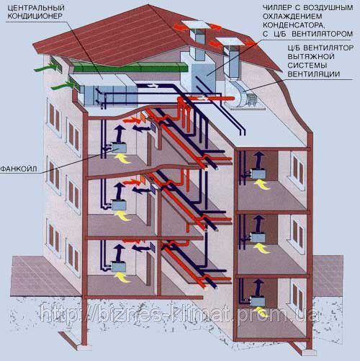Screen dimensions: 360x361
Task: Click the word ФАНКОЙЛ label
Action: tap(19, 169)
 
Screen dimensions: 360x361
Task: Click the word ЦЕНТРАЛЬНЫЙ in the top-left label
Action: tap(36, 7)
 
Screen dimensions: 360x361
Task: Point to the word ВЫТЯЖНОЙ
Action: tap(311, 57)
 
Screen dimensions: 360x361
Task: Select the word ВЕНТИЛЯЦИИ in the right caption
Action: tap(314, 73)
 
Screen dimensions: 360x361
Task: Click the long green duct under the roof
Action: tap(130, 67)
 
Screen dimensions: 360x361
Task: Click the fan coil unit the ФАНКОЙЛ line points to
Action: tap(118, 148)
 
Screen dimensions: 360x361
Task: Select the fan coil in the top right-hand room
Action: tap(258, 174)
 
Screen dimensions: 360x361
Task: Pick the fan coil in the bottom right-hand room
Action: tap(258, 301)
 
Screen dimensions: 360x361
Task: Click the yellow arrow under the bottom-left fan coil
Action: tap(122, 277)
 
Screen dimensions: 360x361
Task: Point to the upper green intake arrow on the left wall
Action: tap(46, 68)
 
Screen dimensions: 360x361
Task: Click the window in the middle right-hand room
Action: tap(297, 231)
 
